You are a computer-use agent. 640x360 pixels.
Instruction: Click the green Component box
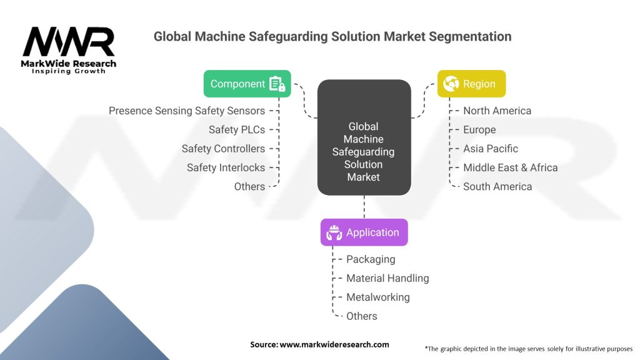(247, 84)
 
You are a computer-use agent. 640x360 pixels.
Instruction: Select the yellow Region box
(471, 84)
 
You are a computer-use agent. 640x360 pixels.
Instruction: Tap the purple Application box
(364, 232)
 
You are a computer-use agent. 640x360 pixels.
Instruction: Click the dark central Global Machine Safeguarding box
(364, 137)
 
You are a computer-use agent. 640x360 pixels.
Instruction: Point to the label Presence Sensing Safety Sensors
(187, 111)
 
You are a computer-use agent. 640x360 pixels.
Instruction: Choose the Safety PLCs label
(237, 130)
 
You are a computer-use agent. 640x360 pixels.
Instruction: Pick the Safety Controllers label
(223, 149)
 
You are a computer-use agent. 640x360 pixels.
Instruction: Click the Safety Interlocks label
(226, 167)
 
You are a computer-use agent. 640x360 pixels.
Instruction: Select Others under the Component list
(249, 186)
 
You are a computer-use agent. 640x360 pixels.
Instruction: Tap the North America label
(497, 111)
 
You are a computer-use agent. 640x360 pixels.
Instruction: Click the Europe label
(479, 130)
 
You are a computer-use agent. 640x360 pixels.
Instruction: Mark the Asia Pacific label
(491, 149)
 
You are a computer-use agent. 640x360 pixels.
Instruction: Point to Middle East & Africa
(510, 167)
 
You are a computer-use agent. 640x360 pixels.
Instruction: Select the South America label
(497, 186)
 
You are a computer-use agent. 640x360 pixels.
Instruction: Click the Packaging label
(371, 259)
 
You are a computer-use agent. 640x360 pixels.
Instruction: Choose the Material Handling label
(387, 278)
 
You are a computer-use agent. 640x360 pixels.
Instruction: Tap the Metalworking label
(378, 297)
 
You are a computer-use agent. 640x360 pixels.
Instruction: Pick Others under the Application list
(362, 316)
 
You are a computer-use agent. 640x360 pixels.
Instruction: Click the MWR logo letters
(69, 42)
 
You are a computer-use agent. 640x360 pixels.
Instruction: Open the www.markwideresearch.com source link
(334, 344)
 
